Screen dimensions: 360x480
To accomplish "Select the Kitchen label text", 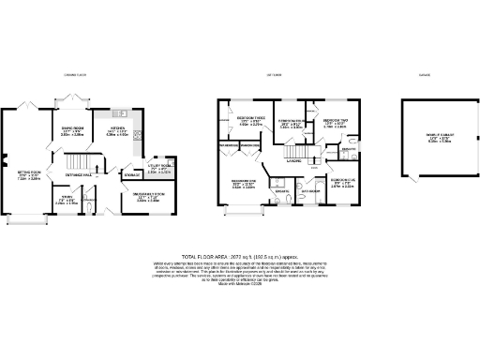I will point(117,130).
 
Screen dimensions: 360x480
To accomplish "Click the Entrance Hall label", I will point(79,175).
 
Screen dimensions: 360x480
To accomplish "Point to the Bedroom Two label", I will point(336,123).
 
